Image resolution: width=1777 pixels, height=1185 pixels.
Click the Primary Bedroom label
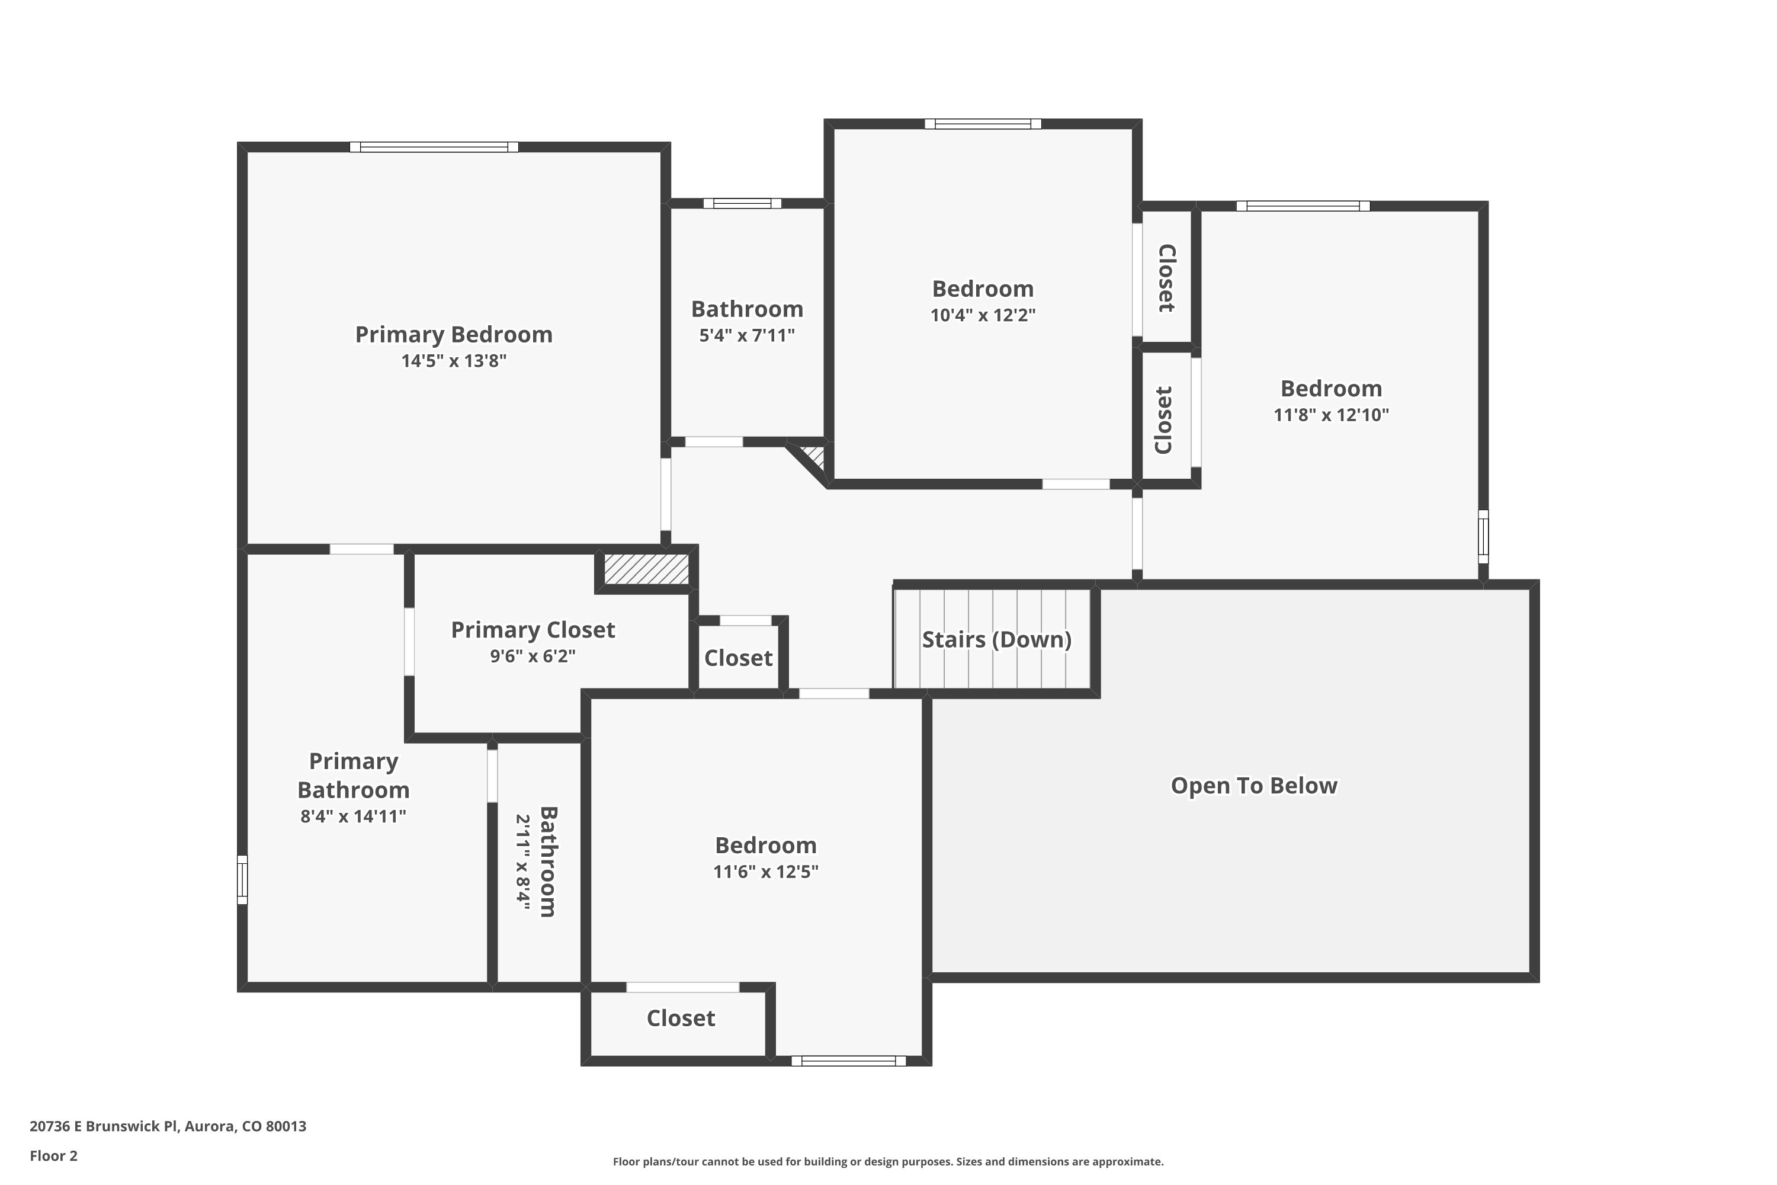[453, 334]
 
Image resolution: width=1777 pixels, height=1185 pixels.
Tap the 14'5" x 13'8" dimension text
[453, 360]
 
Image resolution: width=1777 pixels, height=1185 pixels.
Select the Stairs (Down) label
[996, 639]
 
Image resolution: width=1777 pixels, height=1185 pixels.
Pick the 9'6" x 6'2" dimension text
[533, 656]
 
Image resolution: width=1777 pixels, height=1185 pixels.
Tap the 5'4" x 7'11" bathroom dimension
[746, 335]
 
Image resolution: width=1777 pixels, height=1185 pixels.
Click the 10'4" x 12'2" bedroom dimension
[982, 315]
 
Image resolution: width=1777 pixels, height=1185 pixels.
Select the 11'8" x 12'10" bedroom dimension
[1331, 415]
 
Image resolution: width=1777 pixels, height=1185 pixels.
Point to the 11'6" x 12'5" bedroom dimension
[765, 872]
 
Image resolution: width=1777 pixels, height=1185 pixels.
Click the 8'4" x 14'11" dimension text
[353, 816]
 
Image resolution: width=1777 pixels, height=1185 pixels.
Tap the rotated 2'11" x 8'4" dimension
[523, 862]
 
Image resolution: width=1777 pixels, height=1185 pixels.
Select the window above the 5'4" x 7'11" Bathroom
[742, 203]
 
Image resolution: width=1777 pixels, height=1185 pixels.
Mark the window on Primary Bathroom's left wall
[242, 880]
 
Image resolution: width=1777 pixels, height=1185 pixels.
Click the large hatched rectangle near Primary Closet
[646, 569]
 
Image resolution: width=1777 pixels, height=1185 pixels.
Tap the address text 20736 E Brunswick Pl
[104, 1126]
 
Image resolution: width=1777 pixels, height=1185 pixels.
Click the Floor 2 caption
[54, 1155]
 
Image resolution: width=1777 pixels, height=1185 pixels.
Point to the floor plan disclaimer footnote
[888, 1161]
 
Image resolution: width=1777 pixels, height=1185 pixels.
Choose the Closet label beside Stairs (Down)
[738, 658]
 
